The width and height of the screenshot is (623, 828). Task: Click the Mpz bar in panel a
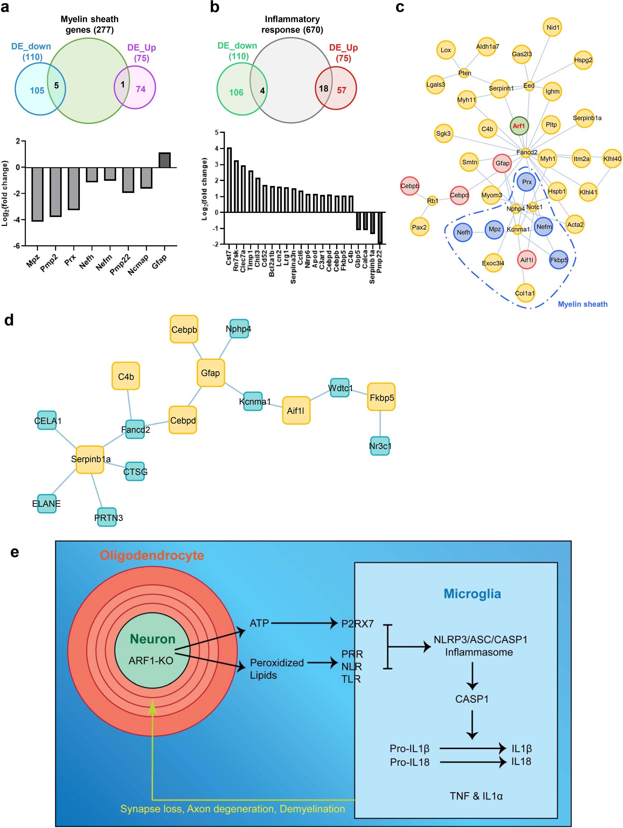pos(37,194)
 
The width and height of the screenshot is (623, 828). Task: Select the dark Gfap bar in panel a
pos(164,160)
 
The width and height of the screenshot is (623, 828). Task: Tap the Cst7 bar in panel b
pos(229,180)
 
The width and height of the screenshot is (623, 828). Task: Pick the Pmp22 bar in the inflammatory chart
pos(380,228)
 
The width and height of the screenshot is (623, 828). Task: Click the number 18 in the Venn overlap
pos(323,89)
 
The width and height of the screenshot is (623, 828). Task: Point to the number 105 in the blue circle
pos(37,91)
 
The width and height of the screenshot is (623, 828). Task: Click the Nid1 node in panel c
pos(553,27)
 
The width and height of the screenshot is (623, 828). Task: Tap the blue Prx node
pos(526,182)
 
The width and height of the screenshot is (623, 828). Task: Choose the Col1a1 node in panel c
pos(524,293)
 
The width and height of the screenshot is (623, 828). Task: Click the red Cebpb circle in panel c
pos(410,186)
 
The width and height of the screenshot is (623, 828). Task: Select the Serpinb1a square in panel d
pos(90,459)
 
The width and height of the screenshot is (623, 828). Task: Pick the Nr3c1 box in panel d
pos(380,446)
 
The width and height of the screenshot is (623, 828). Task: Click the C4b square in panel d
pos(126,376)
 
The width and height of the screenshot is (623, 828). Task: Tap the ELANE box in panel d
pos(46,503)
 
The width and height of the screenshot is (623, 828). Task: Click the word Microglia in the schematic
pos(472,594)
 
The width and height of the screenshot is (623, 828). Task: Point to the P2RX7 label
pos(357,624)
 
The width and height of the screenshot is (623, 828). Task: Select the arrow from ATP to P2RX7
pos(304,623)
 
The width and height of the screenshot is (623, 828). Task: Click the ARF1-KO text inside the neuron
pos(151,660)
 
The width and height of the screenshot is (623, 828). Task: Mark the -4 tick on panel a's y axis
pos(18,220)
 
